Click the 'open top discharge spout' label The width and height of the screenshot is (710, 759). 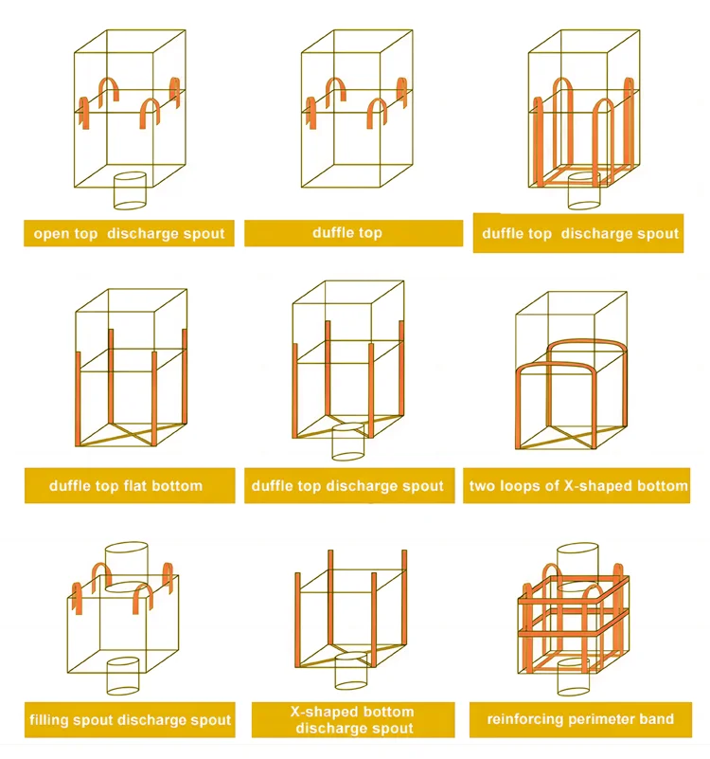click(129, 233)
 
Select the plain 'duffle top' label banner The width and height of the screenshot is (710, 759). click(353, 233)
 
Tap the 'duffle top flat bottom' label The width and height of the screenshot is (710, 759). click(130, 485)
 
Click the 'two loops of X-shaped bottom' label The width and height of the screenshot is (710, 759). click(577, 485)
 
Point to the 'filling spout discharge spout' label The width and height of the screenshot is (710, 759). click(130, 720)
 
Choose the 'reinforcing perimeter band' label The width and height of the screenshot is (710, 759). click(580, 719)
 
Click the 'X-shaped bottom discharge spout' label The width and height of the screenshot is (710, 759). click(353, 720)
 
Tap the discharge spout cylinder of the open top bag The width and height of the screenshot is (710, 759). click(130, 190)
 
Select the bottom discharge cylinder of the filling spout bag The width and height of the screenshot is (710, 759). click(123, 676)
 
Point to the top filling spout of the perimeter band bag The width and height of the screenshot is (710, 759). click(577, 568)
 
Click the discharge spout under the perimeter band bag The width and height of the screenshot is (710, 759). click(574, 677)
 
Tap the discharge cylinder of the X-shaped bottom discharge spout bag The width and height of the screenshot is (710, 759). click(351, 671)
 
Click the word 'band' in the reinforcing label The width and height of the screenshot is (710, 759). click(656, 719)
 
